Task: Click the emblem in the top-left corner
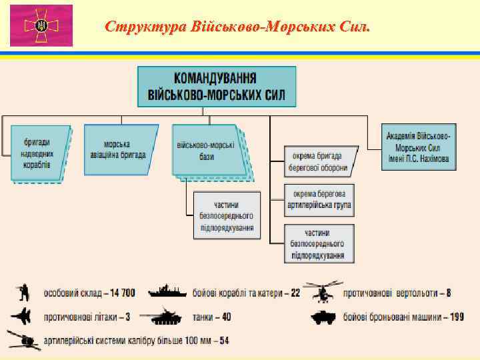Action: coord(41,26)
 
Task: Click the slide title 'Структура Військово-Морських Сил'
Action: coord(237,27)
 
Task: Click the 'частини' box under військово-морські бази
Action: coord(226,215)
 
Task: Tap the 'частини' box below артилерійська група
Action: coord(319,243)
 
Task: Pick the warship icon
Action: coord(168,292)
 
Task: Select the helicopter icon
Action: coord(322,291)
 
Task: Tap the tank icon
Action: coord(168,316)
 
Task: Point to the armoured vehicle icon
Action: coord(325,317)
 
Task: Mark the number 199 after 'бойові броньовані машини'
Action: coord(456,317)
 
